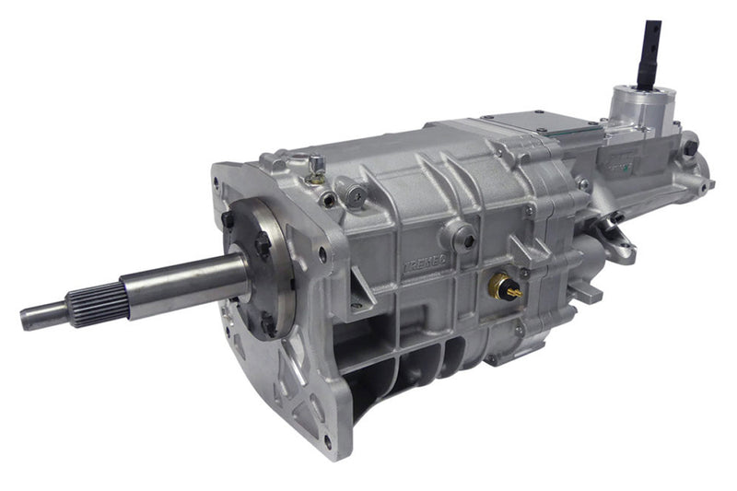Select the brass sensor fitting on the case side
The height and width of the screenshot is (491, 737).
point(503,289)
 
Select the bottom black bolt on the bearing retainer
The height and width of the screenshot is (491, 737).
point(267,324)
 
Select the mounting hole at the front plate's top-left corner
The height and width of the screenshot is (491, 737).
point(218,181)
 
